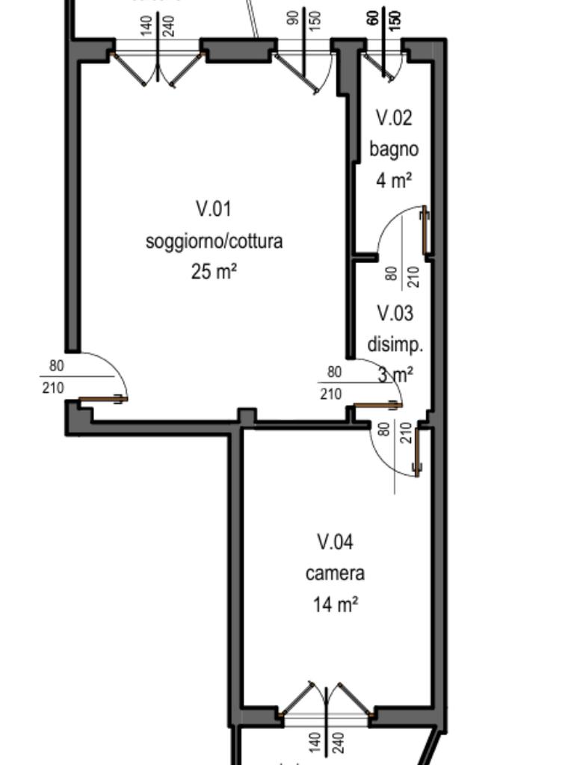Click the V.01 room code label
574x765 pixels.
[x=214, y=208]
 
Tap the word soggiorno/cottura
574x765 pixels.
[x=214, y=241]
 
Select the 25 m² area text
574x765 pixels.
[x=214, y=271]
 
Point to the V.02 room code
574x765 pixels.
[x=394, y=118]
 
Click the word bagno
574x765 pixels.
[x=394, y=149]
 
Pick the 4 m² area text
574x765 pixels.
[x=394, y=180]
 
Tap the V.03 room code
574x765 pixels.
[x=395, y=312]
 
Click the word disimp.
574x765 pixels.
[x=395, y=345]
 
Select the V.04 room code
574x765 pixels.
[x=335, y=541]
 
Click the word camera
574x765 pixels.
[x=335, y=573]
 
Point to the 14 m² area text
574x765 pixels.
[x=335, y=604]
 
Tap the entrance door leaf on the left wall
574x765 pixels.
[x=103, y=400]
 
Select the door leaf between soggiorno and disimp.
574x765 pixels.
[x=377, y=406]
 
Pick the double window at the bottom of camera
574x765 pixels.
[x=326, y=716]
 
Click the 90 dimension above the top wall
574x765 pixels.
[x=294, y=16]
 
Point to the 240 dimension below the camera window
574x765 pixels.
[x=337, y=742]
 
